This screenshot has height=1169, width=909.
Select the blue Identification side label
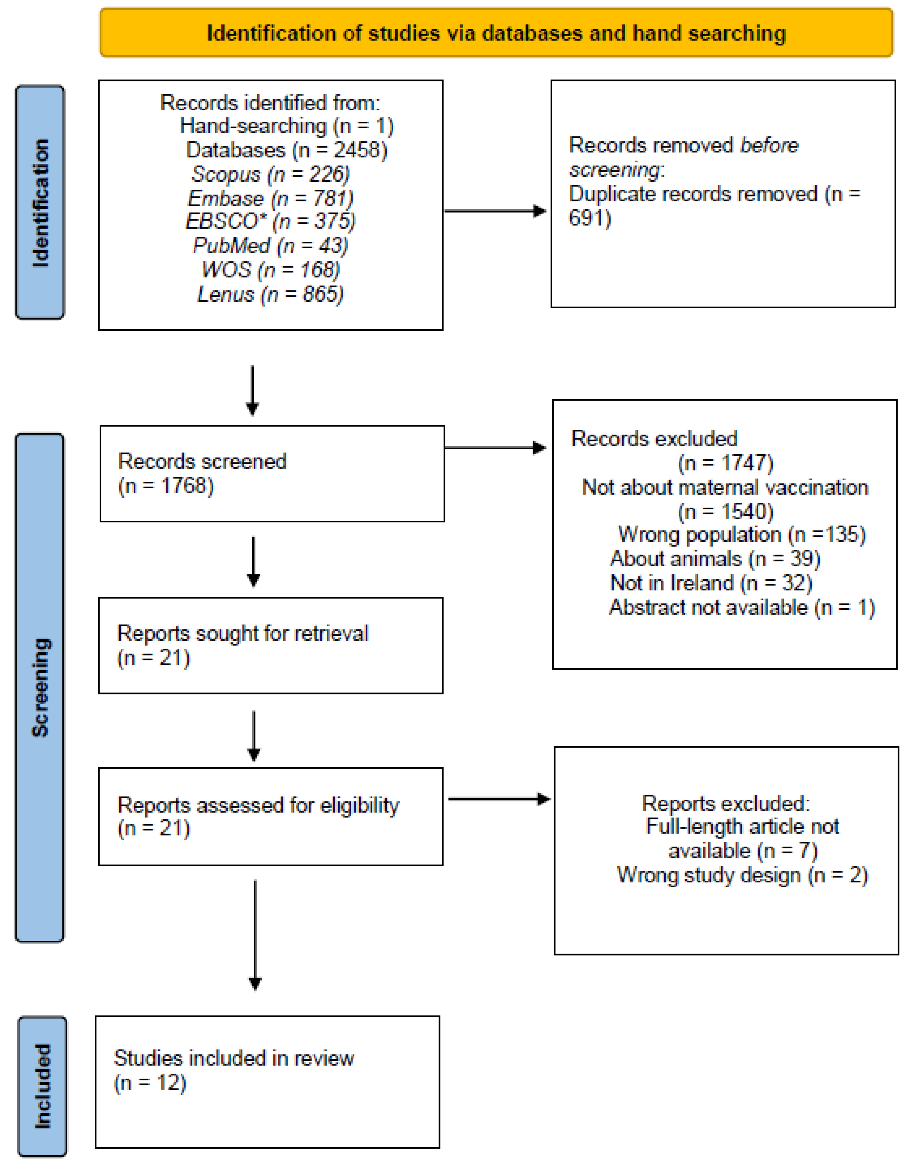click(40, 203)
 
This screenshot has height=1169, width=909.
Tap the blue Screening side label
click(40, 688)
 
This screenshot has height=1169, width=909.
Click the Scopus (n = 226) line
click(270, 174)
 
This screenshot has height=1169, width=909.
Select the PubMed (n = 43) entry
click(270, 246)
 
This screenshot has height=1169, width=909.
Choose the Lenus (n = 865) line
click(270, 294)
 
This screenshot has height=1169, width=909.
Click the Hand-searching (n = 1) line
click(286, 126)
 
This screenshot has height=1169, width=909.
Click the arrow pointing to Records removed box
click(495, 211)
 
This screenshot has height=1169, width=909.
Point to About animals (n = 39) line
click(715, 559)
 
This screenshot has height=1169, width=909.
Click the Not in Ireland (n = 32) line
click(711, 583)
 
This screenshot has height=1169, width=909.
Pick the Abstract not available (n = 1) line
click(741, 608)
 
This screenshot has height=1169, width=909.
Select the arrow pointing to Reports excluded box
click(499, 799)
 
